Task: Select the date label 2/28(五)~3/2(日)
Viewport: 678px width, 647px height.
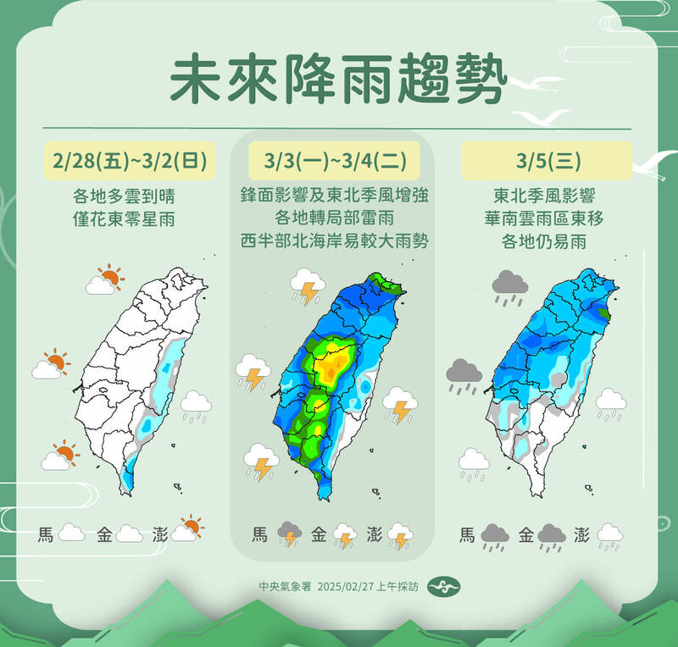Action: pyautogui.click(x=128, y=160)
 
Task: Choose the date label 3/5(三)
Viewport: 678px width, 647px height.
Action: pyautogui.click(x=546, y=160)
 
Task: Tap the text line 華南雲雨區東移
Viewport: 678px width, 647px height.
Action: pyautogui.click(x=546, y=218)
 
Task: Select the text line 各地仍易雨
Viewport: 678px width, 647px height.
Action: pyautogui.click(x=546, y=241)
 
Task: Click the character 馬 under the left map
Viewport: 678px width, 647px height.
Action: pyautogui.click(x=46, y=534)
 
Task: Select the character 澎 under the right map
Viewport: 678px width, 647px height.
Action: pyautogui.click(x=582, y=534)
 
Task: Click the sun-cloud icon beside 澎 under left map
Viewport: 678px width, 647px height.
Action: pyautogui.click(x=187, y=529)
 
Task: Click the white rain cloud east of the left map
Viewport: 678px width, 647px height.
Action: pyautogui.click(x=197, y=405)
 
